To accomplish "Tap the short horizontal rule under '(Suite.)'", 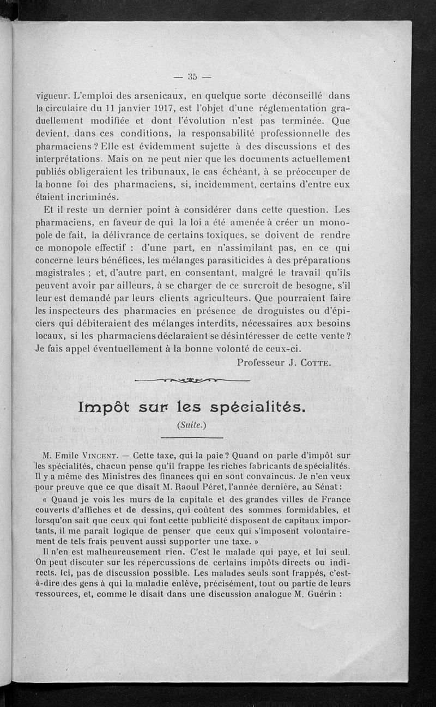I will tap(192, 437).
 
